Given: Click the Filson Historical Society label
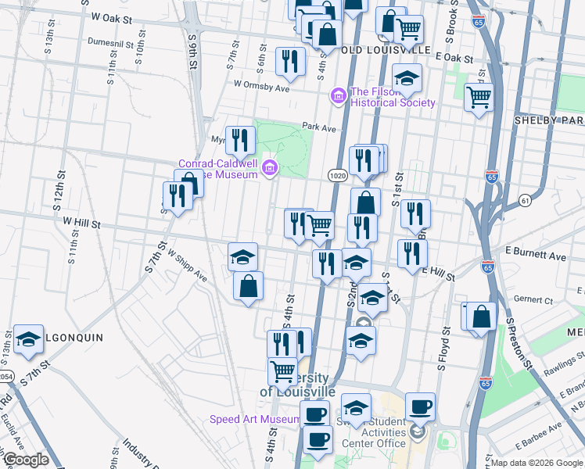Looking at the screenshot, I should pos(393,97).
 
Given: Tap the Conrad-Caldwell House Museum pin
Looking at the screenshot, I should pos(270,167).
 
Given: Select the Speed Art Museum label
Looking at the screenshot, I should pos(254,420).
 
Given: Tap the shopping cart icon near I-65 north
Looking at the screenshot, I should pos(479,98).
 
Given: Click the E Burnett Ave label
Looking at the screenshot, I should pos(536,256).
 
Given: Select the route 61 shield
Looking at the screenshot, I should pos(524,201).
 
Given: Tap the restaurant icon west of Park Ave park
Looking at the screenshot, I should pos(240,141).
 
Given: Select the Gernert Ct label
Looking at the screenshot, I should pos(534,300).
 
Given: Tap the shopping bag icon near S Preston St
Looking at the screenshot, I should pos(481,317).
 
